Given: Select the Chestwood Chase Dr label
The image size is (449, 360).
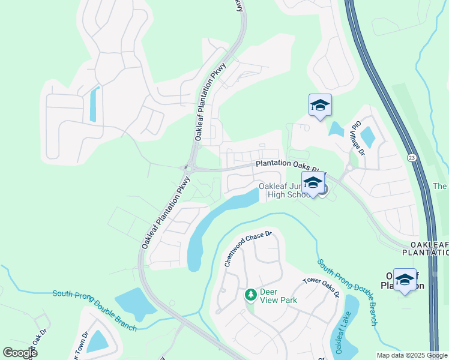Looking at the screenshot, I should tap(249, 249).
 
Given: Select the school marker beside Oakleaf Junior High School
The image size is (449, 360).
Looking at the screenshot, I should tap(313, 184).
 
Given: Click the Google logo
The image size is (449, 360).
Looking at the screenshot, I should tap(20, 352).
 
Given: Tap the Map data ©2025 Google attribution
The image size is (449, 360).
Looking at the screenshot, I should tap(411, 355).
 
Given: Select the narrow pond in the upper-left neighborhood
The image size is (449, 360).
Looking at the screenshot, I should tap(93, 104).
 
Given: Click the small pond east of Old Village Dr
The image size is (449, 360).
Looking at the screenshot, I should tap(367, 137).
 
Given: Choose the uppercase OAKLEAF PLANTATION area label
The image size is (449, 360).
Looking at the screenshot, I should tap(429, 249).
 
